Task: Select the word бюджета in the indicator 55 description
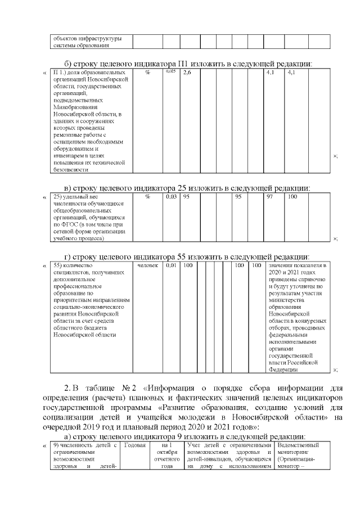point(87,327)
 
